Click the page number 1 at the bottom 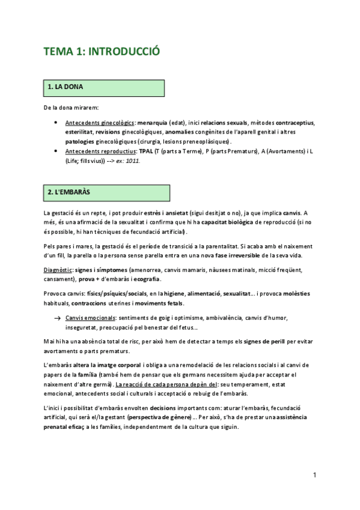point(314,475)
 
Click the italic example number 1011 point(132,161)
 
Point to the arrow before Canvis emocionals point(56,318)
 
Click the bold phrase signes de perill point(270,342)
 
